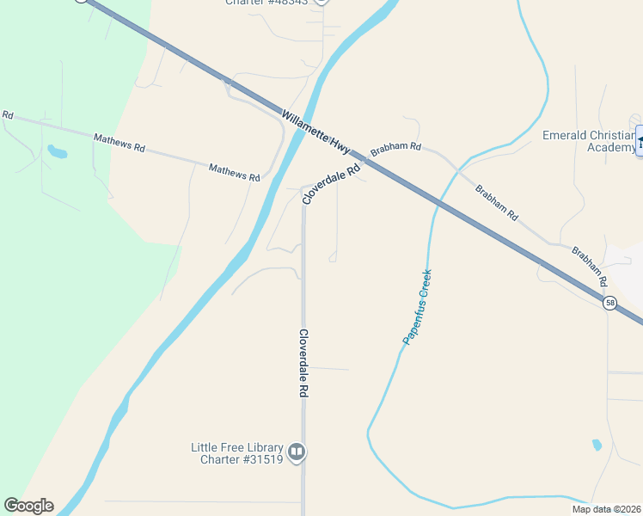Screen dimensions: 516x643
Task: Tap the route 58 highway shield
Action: click(x=609, y=303)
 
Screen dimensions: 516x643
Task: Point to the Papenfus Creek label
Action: click(x=418, y=308)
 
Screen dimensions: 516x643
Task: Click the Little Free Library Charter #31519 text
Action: click(x=237, y=452)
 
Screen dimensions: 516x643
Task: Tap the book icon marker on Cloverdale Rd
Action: click(x=297, y=451)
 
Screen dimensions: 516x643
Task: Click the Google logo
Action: click(x=28, y=506)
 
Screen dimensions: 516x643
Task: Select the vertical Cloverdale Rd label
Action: click(x=303, y=363)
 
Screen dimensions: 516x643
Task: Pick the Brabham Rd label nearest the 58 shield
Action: click(x=590, y=267)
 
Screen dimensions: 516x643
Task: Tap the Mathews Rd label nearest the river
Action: click(x=235, y=172)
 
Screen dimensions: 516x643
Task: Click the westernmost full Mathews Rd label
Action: click(x=119, y=142)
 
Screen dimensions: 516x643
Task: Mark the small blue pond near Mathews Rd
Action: click(x=58, y=152)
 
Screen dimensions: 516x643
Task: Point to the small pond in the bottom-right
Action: click(x=597, y=445)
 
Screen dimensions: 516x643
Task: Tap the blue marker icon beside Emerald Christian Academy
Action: click(x=639, y=140)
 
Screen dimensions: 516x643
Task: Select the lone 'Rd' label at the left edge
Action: click(x=8, y=114)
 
